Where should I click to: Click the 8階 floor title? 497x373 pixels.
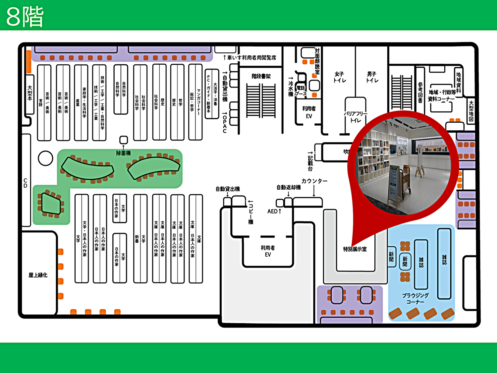[x=25, y=17]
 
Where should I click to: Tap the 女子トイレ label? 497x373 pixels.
[x=339, y=77]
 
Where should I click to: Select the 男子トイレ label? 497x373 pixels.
[x=372, y=77]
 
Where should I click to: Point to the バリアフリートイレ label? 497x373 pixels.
[x=356, y=117]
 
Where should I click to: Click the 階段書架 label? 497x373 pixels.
[x=261, y=76]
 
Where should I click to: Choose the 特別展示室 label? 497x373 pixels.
[x=355, y=249]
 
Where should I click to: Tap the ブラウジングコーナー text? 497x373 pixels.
[x=415, y=298]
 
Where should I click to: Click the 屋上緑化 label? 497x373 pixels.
[x=38, y=275]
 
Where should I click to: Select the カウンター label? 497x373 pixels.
[x=314, y=181]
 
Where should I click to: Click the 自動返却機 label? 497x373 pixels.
[x=289, y=187]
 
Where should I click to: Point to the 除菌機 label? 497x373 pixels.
[x=123, y=153]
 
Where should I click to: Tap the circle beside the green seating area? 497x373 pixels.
[x=45, y=158]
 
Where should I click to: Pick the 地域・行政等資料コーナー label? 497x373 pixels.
[x=442, y=95]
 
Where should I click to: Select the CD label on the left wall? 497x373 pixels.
[x=26, y=183]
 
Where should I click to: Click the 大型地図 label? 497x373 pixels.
[x=471, y=111]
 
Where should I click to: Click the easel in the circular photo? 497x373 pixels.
[x=419, y=162]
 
